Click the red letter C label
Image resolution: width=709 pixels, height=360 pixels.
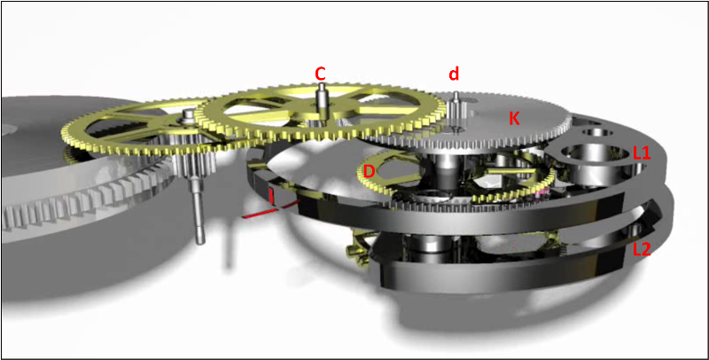[x=321, y=73]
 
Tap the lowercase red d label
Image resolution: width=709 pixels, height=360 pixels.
[x=454, y=74]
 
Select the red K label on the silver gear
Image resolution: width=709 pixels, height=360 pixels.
[x=514, y=119]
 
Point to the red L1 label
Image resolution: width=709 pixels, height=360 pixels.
[x=642, y=153]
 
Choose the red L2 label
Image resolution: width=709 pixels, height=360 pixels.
[x=642, y=250]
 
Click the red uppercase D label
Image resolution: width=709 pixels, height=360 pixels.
[x=370, y=171]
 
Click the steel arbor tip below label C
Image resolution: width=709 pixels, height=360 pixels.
[x=321, y=87]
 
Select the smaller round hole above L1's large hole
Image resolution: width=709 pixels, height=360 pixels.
[x=597, y=132]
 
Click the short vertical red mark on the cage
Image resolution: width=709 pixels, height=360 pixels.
[x=272, y=197]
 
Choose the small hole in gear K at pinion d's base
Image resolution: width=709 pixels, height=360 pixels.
[x=456, y=129]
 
